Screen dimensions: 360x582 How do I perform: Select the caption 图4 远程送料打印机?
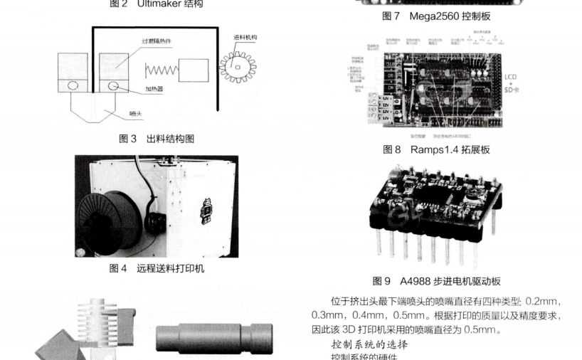(x=156, y=270)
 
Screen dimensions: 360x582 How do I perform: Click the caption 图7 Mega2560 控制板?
(x=436, y=16)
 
